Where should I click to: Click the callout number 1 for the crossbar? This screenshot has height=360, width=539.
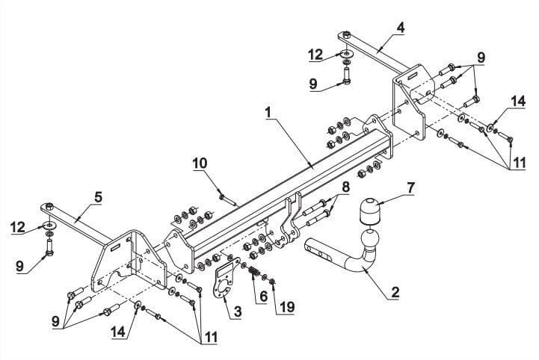tap(268, 112)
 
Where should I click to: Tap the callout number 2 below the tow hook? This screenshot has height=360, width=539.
tap(395, 292)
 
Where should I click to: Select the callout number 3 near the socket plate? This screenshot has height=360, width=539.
tap(238, 311)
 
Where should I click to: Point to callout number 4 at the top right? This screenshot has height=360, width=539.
tap(400, 28)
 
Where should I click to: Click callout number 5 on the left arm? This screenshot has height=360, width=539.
tap(98, 197)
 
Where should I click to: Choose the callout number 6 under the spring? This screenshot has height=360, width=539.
tap(263, 297)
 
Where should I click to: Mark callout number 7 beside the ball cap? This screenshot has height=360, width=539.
tap(410, 188)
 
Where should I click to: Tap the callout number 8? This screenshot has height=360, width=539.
tap(345, 187)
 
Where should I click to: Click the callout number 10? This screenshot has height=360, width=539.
tap(200, 163)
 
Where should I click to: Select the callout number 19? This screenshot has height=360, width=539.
tap(287, 307)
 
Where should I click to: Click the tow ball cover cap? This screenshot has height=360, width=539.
tap(370, 210)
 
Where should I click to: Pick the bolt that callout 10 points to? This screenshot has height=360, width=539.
tap(228, 200)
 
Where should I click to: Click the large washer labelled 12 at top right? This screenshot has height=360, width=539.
tap(347, 54)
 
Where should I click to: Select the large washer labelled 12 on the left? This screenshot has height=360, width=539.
tap(50, 226)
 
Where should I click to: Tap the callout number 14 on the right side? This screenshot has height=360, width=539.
tap(518, 101)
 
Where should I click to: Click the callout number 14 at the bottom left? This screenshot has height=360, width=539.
tap(117, 332)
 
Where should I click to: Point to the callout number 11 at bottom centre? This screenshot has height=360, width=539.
tap(210, 338)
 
